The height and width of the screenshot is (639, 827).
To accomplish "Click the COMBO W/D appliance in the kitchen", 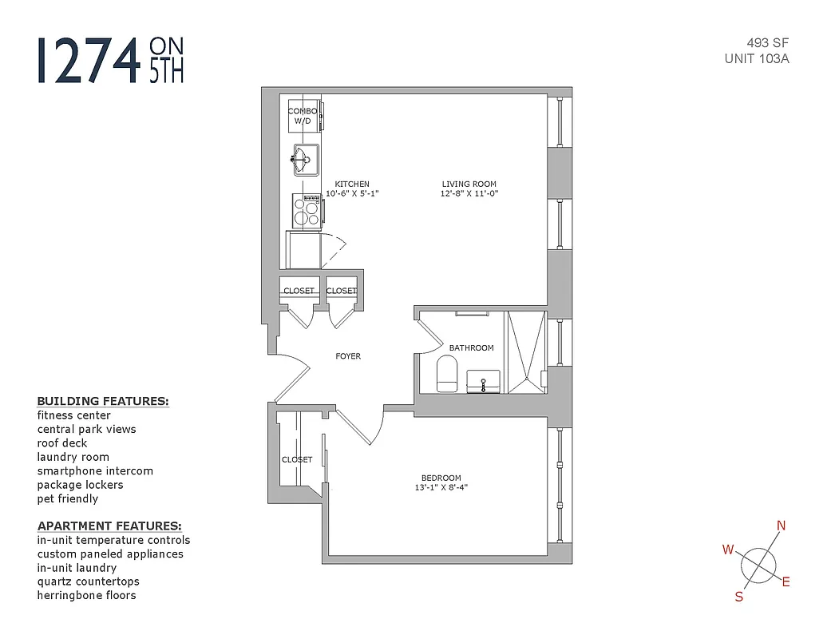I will [x=303, y=117].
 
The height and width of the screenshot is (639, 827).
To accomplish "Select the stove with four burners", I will [x=306, y=211].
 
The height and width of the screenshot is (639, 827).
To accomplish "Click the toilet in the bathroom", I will [x=447, y=375].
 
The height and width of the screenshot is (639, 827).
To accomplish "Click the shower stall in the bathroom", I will [x=525, y=352].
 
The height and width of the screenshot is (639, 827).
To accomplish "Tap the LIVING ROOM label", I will [x=469, y=184].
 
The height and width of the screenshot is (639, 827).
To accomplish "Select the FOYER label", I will [x=348, y=356].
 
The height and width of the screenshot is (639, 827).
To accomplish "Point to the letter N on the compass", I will [x=781, y=525].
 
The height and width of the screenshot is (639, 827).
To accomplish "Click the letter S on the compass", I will [x=739, y=596].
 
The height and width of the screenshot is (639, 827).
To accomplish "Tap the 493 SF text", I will [x=768, y=43].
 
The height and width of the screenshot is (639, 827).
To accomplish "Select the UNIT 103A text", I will [x=757, y=58].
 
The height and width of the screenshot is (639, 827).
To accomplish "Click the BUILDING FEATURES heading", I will [x=103, y=401].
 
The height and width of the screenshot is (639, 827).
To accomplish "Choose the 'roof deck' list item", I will [x=62, y=443].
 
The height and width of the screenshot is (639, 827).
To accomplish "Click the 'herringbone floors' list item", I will [x=86, y=595].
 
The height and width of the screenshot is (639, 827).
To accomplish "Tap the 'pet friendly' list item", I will [x=68, y=498].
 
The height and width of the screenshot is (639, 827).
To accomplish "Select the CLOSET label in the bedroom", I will [x=297, y=459].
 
